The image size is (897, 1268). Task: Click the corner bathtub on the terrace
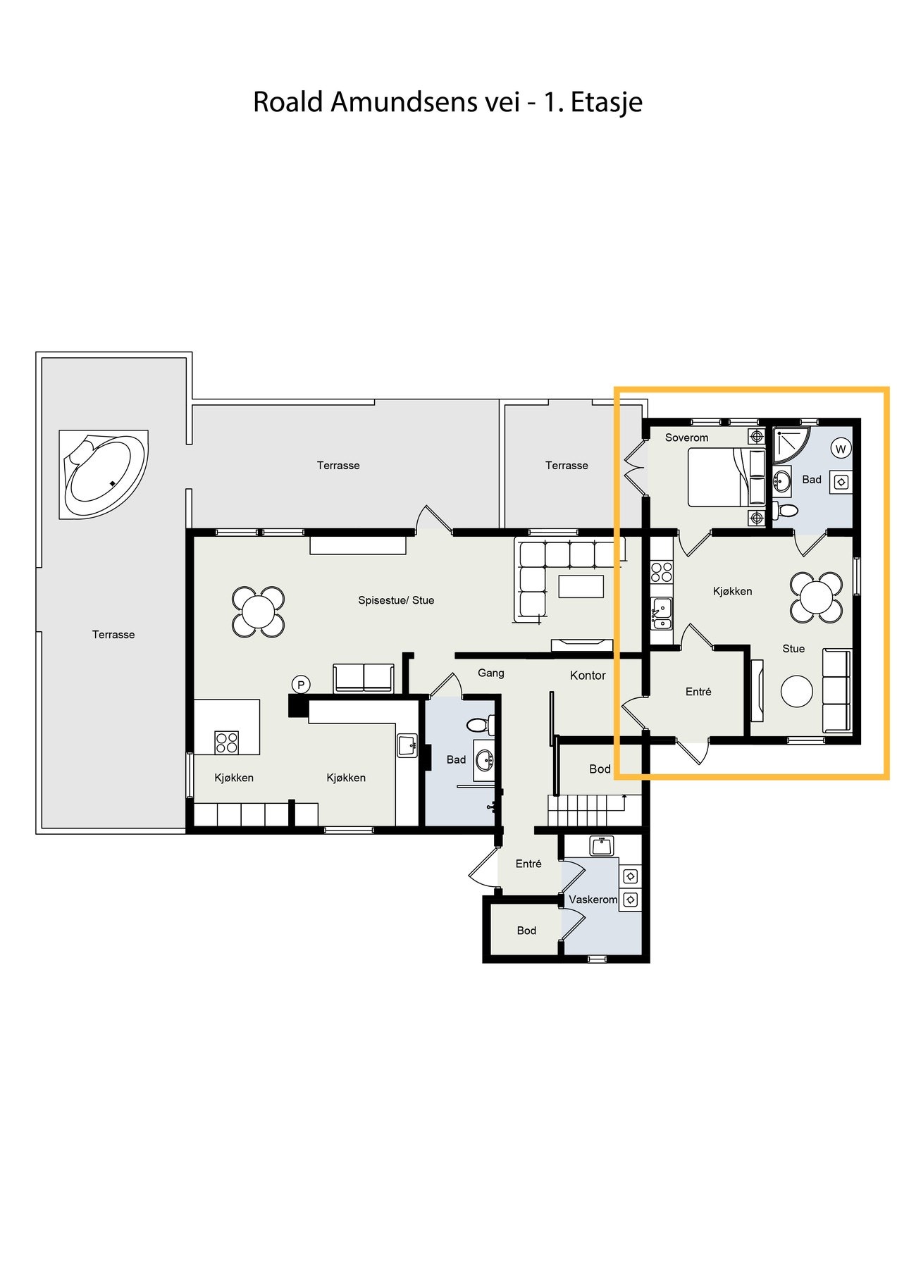pyautogui.click(x=104, y=475)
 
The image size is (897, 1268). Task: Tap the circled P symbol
pyautogui.click(x=301, y=684)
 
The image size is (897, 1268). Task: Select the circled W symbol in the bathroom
pyautogui.click(x=840, y=449)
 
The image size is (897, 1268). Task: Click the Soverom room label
pyautogui.click(x=686, y=437)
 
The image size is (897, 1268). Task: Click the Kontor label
pyautogui.click(x=588, y=676)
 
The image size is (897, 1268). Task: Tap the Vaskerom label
pyautogui.click(x=593, y=900)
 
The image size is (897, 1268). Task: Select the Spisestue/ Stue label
pyautogui.click(x=396, y=600)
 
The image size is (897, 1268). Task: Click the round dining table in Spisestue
pyautogui.click(x=258, y=611)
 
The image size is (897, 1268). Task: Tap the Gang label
pyautogui.click(x=490, y=673)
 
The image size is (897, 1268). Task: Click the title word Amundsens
pyautogui.click(x=404, y=102)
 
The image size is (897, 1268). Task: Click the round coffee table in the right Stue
pyautogui.click(x=797, y=691)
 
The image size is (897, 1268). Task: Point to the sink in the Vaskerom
pyautogui.click(x=601, y=845)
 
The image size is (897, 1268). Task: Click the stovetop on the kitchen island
pyautogui.click(x=226, y=742)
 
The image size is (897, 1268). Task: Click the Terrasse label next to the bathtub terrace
pyautogui.click(x=113, y=635)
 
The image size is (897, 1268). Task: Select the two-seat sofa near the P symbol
pyautogui.click(x=364, y=678)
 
